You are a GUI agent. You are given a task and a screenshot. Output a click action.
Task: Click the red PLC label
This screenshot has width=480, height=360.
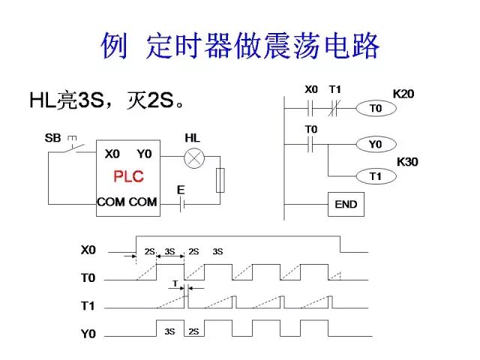pyautogui.click(x=128, y=177)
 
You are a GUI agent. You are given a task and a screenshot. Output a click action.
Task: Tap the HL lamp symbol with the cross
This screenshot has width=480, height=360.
pyautogui.click(x=194, y=157)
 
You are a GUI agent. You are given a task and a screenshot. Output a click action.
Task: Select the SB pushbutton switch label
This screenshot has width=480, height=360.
pyautogui.click(x=52, y=138)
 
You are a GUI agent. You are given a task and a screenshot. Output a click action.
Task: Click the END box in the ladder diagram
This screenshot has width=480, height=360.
pyautogui.click(x=346, y=204)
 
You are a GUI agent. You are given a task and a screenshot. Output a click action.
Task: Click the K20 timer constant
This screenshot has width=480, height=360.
pyautogui.click(x=403, y=94)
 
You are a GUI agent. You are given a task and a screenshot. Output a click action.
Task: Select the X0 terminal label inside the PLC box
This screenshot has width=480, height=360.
pyautogui.click(x=112, y=154)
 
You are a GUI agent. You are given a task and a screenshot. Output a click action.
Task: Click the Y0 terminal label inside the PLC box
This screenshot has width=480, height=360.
pyautogui.click(x=144, y=154)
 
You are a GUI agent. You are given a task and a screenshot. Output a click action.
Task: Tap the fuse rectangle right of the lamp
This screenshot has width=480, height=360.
pyautogui.click(x=220, y=181)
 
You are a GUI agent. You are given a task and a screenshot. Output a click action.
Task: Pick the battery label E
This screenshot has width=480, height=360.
pyautogui.click(x=181, y=190)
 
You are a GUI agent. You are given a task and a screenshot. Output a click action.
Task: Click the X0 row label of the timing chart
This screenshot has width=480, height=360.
pyautogui.click(x=88, y=250)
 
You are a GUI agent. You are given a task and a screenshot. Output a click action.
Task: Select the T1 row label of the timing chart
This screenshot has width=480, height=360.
pyautogui.click(x=88, y=306)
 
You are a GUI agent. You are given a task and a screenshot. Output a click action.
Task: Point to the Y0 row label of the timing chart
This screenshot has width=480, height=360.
pyautogui.click(x=88, y=334)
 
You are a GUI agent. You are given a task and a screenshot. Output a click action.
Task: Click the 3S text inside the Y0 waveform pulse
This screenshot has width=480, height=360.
pyautogui.click(x=169, y=331)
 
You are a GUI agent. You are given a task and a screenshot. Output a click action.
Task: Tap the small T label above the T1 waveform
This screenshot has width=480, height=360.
pyautogui.click(x=175, y=284)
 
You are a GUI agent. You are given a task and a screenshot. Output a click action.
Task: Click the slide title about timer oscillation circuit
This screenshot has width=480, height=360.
pyautogui.click(x=240, y=46)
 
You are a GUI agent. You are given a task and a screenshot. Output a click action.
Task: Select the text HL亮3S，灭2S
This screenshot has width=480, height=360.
pyautogui.click(x=106, y=100)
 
